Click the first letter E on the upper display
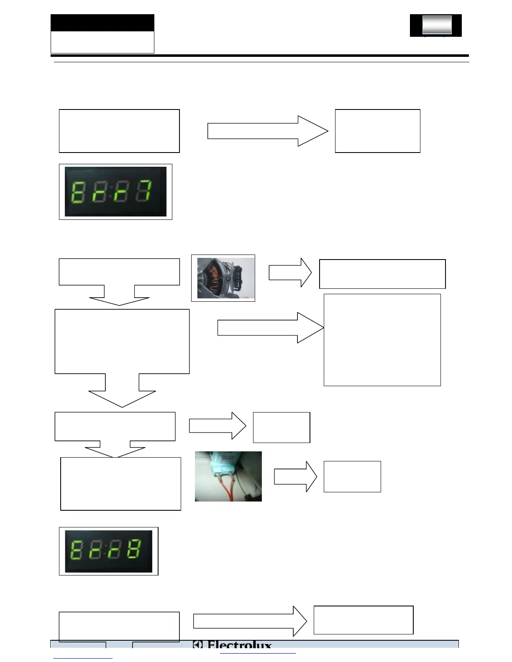[x=78, y=192]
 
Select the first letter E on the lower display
[x=77, y=550]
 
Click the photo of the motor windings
[x=223, y=278]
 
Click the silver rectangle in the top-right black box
[x=437, y=25]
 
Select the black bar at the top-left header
[x=102, y=23]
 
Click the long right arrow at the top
[x=268, y=131]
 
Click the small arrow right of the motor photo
[x=290, y=272]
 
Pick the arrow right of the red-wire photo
[x=295, y=476]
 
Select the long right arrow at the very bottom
[x=250, y=621]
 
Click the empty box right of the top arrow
[x=377, y=131]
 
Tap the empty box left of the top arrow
[x=119, y=131]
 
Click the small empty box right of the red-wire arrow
[x=352, y=476]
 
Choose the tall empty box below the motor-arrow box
[x=382, y=339]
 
